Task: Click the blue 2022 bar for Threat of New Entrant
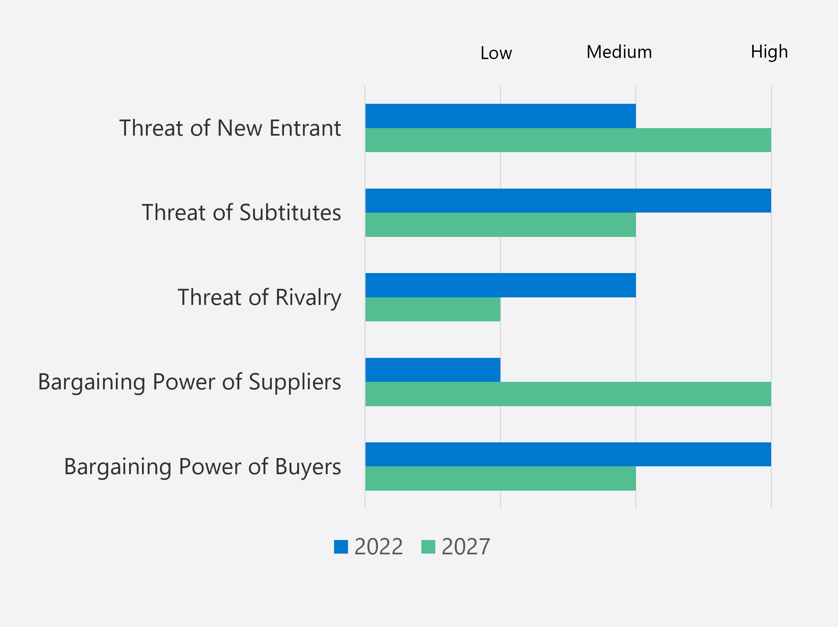(500, 116)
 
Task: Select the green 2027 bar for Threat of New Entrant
(568, 140)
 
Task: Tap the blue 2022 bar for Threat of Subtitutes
(568, 200)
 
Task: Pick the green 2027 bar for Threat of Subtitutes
(500, 225)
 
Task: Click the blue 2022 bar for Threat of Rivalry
(500, 285)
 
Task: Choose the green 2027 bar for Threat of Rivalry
(433, 309)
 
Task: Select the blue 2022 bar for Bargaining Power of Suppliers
(433, 370)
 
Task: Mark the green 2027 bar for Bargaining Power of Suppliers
(568, 394)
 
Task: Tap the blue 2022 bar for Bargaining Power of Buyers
(568, 454)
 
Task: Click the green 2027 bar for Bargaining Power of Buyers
(500, 478)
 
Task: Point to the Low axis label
(496, 53)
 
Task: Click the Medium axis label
(619, 52)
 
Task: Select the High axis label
(769, 52)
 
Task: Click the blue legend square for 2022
(340, 546)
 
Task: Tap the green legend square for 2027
(428, 546)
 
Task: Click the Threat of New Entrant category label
(230, 128)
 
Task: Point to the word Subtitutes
(290, 212)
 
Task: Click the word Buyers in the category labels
(308, 467)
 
